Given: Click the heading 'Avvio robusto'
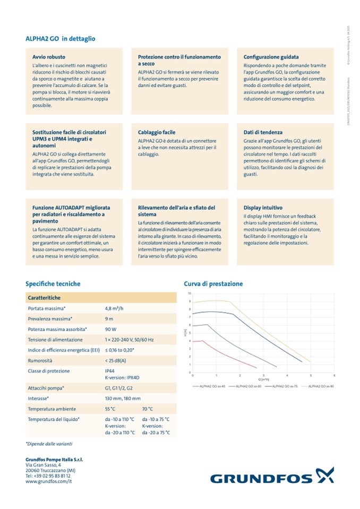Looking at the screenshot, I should coord(46,56).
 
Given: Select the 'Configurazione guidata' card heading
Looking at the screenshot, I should coord(271,56).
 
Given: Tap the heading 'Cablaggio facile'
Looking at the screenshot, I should coord(157,132).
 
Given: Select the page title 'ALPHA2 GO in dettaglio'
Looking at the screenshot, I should coord(61,39).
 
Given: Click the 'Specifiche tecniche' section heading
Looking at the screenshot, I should coord(53,284).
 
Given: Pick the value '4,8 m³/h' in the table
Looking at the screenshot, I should coord(116,308).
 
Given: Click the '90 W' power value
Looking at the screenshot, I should coord(110,329).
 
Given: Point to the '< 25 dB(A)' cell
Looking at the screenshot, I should coord(116,360).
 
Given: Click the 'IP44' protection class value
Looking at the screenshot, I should coord(110,371).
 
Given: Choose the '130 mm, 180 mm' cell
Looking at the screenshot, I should coord(123,398).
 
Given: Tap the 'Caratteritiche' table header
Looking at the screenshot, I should coord(44,298).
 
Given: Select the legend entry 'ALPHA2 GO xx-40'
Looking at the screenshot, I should coord(212,386).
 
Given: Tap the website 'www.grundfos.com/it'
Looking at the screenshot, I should coord(48,481).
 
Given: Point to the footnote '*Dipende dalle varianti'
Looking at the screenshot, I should coord(49,443).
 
